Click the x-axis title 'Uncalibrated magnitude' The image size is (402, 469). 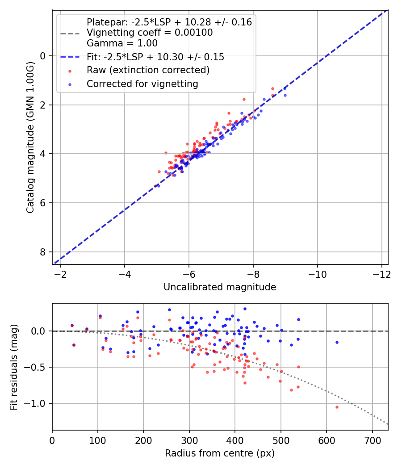220,287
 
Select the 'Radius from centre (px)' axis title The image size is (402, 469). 220,453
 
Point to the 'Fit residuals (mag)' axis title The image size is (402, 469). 14,367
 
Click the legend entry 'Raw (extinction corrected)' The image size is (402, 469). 148,70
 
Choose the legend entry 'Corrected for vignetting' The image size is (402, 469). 142,84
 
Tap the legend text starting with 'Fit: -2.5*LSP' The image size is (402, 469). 155,57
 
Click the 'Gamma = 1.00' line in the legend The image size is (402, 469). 122,43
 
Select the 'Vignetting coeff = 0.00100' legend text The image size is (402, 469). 150,33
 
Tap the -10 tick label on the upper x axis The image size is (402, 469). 317,274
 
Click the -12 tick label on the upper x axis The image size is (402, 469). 381,274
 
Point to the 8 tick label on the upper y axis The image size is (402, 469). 43,252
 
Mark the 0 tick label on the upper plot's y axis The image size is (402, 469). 43,56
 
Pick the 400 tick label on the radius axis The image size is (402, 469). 235,440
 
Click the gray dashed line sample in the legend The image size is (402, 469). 70,33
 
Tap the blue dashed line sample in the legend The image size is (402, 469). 70,57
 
